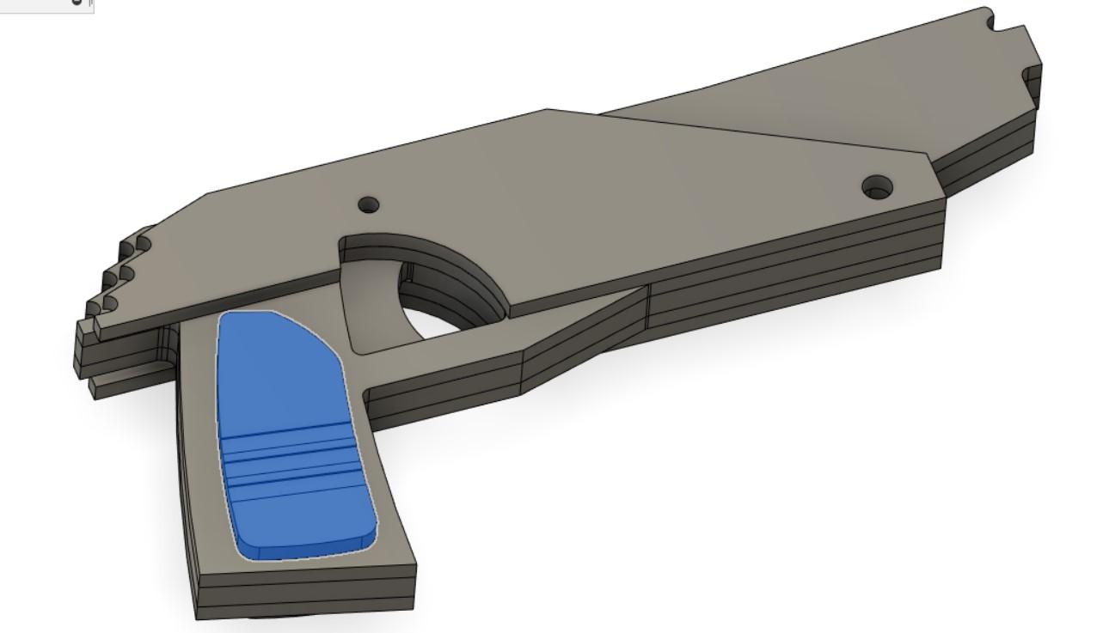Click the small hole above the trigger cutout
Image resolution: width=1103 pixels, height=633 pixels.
[368, 205]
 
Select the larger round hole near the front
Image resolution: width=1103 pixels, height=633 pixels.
[876, 185]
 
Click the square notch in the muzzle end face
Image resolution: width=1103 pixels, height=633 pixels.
[1029, 77]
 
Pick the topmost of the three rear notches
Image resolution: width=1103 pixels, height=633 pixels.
[141, 246]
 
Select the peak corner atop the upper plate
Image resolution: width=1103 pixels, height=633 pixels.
[548, 110]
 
